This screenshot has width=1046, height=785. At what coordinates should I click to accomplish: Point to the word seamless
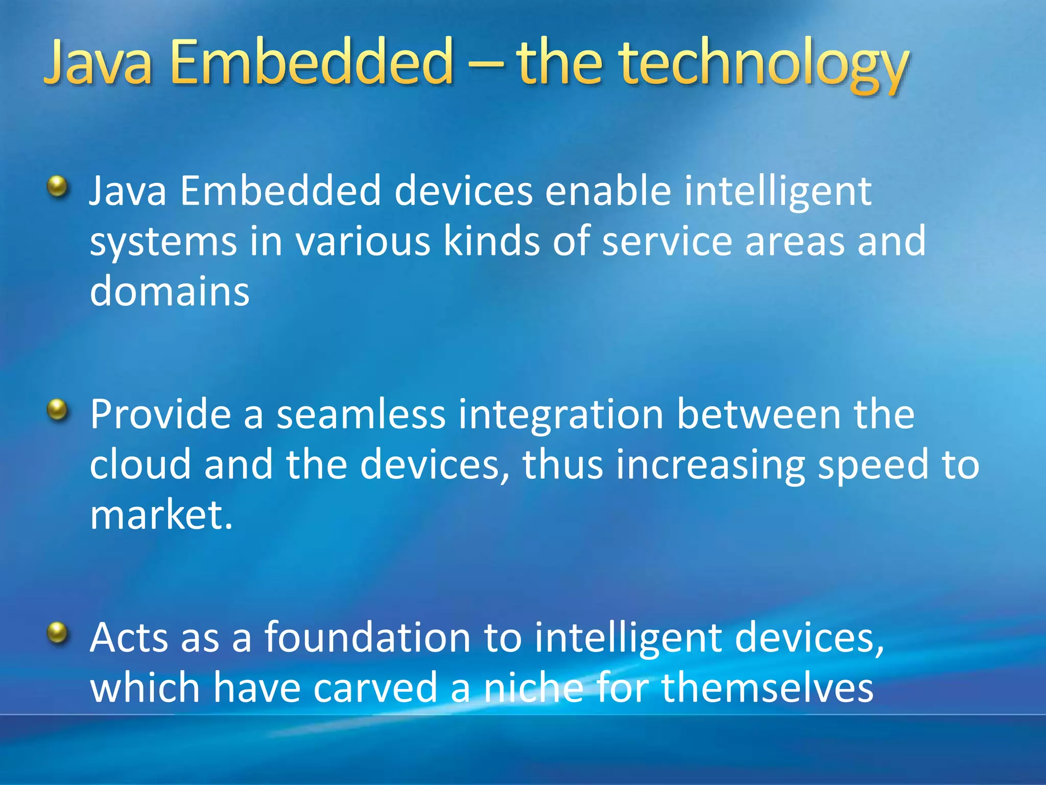point(361,413)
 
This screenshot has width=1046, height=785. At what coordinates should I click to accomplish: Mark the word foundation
point(367,637)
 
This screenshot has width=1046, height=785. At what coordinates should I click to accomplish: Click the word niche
point(533,687)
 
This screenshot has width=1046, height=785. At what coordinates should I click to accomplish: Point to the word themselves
point(767,687)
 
